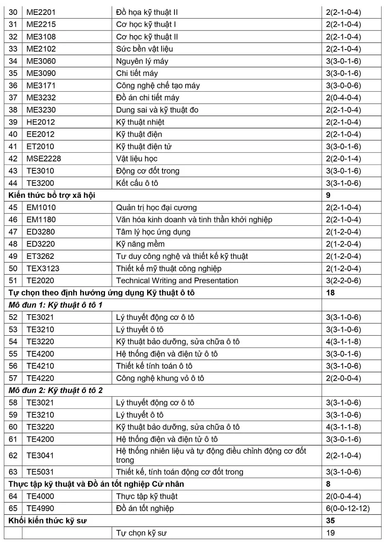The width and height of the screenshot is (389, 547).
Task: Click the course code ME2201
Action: click(x=41, y=12)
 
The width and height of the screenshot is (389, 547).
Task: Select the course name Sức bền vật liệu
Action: click(x=144, y=49)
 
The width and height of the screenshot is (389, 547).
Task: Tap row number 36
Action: click(x=13, y=85)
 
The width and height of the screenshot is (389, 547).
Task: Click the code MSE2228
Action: click(x=43, y=159)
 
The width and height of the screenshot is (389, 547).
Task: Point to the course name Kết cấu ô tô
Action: click(x=137, y=183)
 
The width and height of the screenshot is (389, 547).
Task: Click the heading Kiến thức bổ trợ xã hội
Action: click(x=52, y=195)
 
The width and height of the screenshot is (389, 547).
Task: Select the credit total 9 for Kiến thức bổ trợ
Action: click(x=328, y=195)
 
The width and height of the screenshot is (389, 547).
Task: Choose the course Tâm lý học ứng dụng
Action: click(x=153, y=232)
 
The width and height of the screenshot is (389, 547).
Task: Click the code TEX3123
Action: click(x=43, y=269)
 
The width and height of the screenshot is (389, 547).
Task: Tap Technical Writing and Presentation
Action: click(x=177, y=281)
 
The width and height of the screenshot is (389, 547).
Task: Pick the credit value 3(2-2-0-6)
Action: click(x=343, y=281)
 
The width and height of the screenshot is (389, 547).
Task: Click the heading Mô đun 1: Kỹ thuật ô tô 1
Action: click(x=55, y=305)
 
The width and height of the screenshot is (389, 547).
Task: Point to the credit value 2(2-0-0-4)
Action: click(x=343, y=378)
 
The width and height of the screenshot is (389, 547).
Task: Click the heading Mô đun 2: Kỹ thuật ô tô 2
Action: click(x=55, y=391)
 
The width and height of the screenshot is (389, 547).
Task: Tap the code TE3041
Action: click(x=40, y=456)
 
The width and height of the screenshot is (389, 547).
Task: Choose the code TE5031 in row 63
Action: click(x=40, y=472)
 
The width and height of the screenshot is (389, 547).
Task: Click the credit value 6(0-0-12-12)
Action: click(x=348, y=509)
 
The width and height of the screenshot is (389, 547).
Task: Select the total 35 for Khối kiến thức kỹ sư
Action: click(x=330, y=521)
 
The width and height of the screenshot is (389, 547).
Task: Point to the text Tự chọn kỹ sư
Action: click(x=141, y=533)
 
